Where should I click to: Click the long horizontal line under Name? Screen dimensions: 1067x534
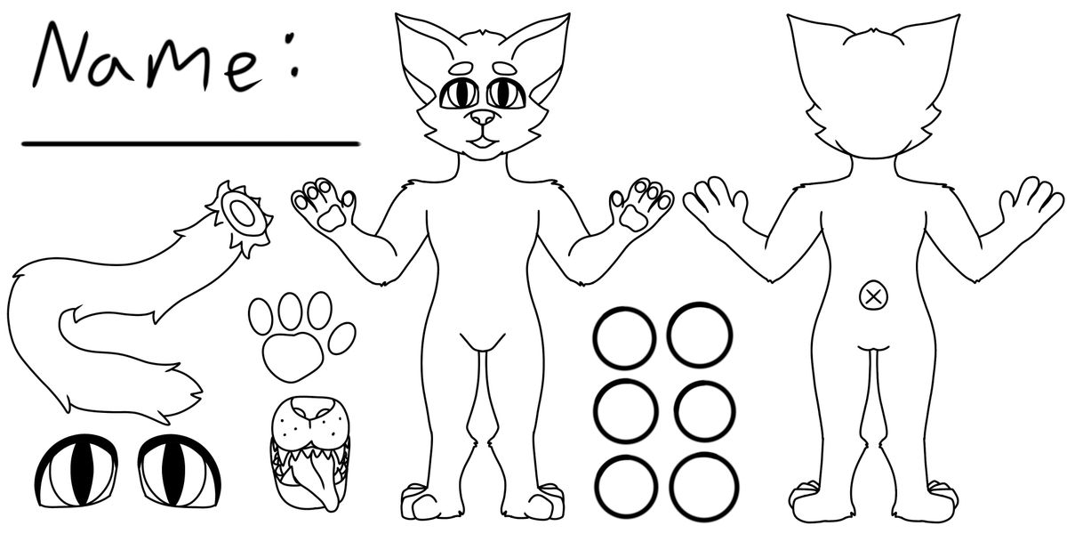(190, 143)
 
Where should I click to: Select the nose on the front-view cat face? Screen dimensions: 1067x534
(483, 117)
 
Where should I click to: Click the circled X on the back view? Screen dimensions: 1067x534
(873, 296)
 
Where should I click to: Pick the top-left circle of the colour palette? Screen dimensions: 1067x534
(595, 337)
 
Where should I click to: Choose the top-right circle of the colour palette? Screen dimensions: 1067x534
(669, 336)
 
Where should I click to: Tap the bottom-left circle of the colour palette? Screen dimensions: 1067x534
(597, 488)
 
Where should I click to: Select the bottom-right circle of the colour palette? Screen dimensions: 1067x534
(671, 488)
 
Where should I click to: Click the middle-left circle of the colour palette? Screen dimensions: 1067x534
(597, 411)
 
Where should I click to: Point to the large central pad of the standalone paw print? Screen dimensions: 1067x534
(293, 357)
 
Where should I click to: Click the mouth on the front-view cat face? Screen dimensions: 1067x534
(483, 142)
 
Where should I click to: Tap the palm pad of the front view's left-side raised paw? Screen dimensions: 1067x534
(332, 219)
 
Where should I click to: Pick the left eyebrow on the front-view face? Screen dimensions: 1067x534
(461, 69)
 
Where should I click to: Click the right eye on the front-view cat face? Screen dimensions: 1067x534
(506, 93)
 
